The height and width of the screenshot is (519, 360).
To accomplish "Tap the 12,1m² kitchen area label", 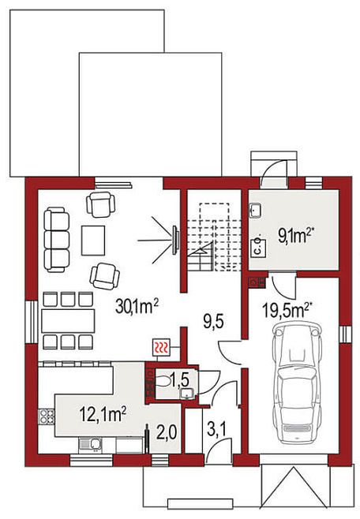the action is pyautogui.click(x=103, y=414).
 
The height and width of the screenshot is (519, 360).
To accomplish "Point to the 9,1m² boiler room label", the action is pyautogui.click(x=296, y=236).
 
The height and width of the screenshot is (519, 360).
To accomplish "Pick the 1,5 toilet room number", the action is pyautogui.click(x=179, y=379).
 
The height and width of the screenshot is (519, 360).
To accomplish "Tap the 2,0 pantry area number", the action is pyautogui.click(x=167, y=432).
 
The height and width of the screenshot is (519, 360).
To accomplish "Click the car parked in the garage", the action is pyautogui.click(x=296, y=383).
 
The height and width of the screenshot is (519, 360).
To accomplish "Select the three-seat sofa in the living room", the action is pyautogui.click(x=57, y=240).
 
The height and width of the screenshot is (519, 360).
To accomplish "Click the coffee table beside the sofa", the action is pyautogui.click(x=93, y=241).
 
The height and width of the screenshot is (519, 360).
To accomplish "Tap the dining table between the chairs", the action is pyautogui.click(x=68, y=321).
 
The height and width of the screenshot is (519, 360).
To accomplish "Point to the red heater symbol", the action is pyautogui.click(x=161, y=348).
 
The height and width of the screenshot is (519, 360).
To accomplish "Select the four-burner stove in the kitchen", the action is pyautogui.click(x=47, y=416).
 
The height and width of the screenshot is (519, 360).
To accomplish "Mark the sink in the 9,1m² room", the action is pyautogui.click(x=255, y=211).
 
